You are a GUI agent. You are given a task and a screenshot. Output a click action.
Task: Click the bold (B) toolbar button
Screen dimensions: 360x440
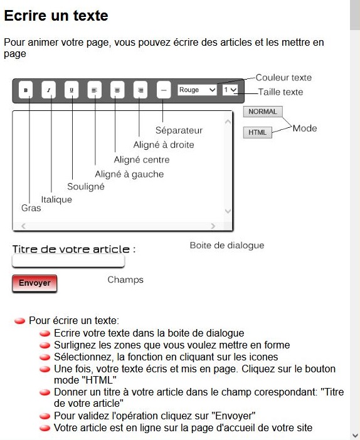[x=26, y=90]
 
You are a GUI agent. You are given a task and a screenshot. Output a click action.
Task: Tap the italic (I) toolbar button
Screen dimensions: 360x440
[x=49, y=90]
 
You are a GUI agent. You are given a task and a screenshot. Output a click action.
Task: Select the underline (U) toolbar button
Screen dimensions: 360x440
[x=71, y=90]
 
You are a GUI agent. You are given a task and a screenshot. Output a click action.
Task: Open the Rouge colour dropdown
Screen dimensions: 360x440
[x=197, y=90]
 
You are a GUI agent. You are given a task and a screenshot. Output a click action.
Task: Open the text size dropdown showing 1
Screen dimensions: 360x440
[x=230, y=90]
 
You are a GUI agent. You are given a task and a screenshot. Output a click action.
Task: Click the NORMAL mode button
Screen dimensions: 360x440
[x=262, y=112]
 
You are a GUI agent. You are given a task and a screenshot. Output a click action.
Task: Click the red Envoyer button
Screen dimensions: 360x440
[x=34, y=283]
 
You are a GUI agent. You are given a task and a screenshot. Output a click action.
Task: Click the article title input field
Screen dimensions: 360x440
[x=68, y=261]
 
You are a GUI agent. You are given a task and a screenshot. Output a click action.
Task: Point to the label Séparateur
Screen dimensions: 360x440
[x=179, y=130]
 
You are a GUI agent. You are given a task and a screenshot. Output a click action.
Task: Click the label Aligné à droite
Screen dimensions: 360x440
[x=164, y=145]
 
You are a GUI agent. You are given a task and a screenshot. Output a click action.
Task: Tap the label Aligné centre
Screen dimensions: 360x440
[x=142, y=160]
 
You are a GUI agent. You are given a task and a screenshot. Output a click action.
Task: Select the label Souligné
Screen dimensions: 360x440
[x=86, y=187]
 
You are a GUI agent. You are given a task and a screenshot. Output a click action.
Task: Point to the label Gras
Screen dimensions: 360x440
[x=31, y=208]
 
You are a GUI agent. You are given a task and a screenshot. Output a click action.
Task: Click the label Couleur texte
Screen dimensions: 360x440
[x=283, y=78]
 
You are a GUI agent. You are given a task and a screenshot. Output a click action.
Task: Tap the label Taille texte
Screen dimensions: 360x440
[x=280, y=92]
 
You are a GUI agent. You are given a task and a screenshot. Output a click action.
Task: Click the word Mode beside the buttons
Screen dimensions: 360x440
[x=305, y=128]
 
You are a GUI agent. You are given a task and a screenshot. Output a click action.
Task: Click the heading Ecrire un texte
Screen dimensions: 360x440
[x=56, y=16]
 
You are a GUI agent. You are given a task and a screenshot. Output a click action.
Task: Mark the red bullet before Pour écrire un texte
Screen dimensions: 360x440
[x=19, y=321]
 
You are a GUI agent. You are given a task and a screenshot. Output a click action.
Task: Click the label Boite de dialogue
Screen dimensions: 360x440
[x=227, y=246]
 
